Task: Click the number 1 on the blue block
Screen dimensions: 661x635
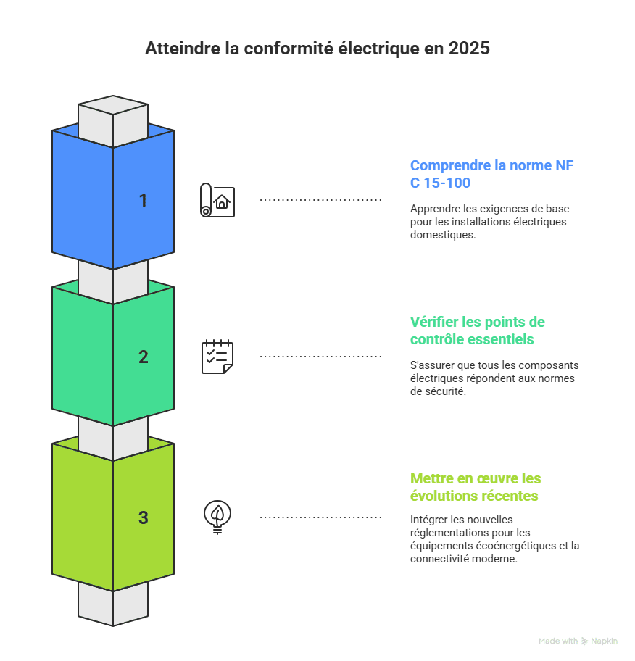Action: [x=143, y=200]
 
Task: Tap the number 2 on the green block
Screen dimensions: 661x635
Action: [x=143, y=357]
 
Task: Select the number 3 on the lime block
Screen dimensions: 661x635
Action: [x=143, y=517]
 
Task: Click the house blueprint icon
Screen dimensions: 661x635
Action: [x=217, y=200]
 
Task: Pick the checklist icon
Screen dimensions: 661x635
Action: [x=217, y=357]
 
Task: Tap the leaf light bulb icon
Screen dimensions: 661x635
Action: [x=217, y=517]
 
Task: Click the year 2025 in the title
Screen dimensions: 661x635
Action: [x=469, y=49]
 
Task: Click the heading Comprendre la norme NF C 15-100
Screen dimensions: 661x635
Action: [x=491, y=173]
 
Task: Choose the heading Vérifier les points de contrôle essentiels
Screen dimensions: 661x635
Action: [x=477, y=330]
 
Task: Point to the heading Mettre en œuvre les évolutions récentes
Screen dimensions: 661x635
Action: [x=475, y=487]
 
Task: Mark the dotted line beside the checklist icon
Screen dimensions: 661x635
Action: [x=320, y=357]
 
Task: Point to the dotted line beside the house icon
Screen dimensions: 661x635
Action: [x=320, y=199]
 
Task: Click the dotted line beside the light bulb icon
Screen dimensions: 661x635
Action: [x=320, y=517]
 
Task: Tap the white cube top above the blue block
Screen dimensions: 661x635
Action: [x=113, y=112]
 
